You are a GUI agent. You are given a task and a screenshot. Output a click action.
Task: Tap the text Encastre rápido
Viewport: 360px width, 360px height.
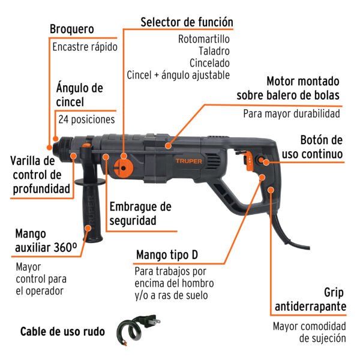84,47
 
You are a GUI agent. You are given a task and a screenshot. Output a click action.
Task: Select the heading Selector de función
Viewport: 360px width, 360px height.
186,22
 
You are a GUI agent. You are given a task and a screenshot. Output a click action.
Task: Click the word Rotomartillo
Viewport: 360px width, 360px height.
204,39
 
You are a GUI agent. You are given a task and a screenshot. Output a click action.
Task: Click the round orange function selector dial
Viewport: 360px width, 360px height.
123,167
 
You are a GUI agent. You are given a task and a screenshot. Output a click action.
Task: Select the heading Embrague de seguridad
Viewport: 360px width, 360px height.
140,213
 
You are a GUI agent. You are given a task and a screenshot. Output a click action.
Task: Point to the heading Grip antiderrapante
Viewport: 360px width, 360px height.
310,299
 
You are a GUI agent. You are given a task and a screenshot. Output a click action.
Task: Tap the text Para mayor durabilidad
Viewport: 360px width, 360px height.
291,113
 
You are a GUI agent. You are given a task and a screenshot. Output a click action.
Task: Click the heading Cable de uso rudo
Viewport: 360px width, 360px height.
62,332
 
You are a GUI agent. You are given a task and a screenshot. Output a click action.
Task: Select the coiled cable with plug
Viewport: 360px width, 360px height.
135,332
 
